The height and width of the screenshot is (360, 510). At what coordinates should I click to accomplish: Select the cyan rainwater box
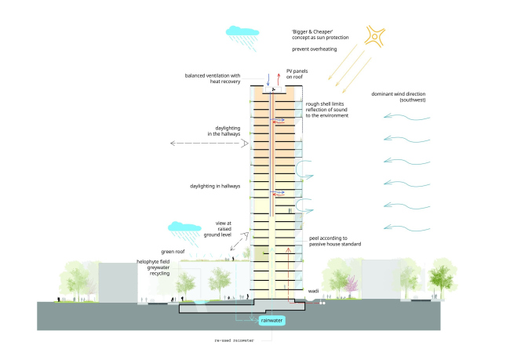point(273,320)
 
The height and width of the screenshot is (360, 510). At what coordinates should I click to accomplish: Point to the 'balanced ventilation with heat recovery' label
point(213,79)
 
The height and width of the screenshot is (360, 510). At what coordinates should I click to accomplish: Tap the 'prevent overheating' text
point(315,49)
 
